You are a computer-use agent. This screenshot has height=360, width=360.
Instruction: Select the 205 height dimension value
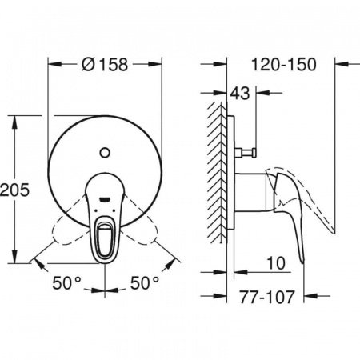[17, 190]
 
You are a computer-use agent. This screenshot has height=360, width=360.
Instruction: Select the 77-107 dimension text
[267, 297]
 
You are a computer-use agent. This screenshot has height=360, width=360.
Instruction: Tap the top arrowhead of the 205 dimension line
[17, 120]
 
